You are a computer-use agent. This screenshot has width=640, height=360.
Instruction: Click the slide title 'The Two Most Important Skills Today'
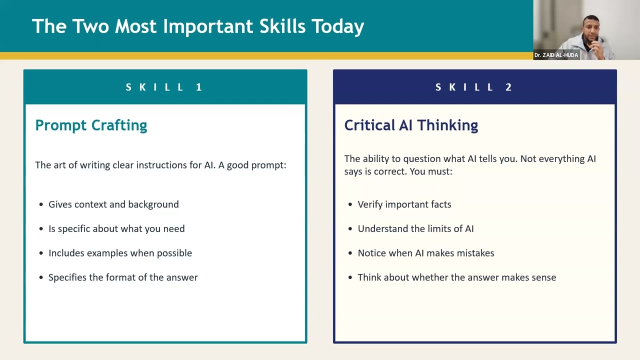pyautogui.click(x=198, y=26)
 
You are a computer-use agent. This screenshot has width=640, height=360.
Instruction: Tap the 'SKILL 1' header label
pyautogui.click(x=164, y=87)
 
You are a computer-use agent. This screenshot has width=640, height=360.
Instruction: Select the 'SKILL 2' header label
pyautogui.click(x=473, y=87)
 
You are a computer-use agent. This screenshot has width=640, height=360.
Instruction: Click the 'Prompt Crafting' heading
pyautogui.click(x=91, y=125)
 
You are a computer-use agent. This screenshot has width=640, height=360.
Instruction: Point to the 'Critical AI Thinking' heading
pyautogui.click(x=411, y=125)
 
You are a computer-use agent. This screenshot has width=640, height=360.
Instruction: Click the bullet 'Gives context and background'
pyautogui.click(x=113, y=204)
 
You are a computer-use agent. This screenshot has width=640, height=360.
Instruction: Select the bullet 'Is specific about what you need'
pyautogui.click(x=116, y=228)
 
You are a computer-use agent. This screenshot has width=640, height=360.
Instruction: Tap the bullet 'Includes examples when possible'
pyautogui.click(x=120, y=253)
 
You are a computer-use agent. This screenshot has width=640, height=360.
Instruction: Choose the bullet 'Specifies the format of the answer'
pyautogui.click(x=123, y=277)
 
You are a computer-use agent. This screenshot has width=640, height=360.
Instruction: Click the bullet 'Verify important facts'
pyautogui.click(x=404, y=204)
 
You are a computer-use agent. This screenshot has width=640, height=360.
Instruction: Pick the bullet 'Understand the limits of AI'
pyautogui.click(x=415, y=228)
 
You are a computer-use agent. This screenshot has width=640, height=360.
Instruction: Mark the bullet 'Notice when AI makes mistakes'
pyautogui.click(x=426, y=253)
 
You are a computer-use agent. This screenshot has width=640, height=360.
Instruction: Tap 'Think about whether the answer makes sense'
pyautogui.click(x=457, y=277)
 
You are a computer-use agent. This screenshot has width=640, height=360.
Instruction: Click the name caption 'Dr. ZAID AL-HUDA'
pyautogui.click(x=556, y=55)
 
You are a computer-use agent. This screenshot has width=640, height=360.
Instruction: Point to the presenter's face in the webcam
pyautogui.click(x=590, y=31)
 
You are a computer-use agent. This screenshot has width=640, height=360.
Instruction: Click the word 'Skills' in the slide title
pyautogui.click(x=282, y=26)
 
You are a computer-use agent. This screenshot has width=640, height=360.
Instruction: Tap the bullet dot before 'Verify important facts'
pyautogui.click(x=350, y=204)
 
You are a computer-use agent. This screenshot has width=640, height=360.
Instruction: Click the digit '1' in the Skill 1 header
pyautogui.click(x=199, y=87)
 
